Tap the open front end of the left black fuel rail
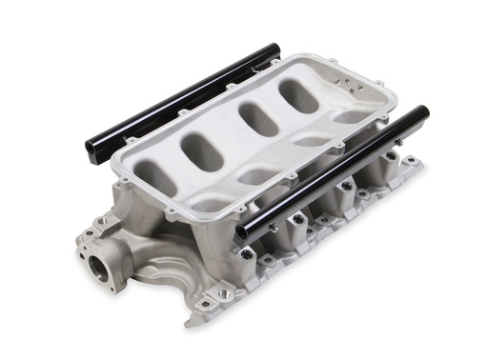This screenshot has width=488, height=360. pos(91,149)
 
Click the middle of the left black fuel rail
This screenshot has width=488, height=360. pos(181,99)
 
